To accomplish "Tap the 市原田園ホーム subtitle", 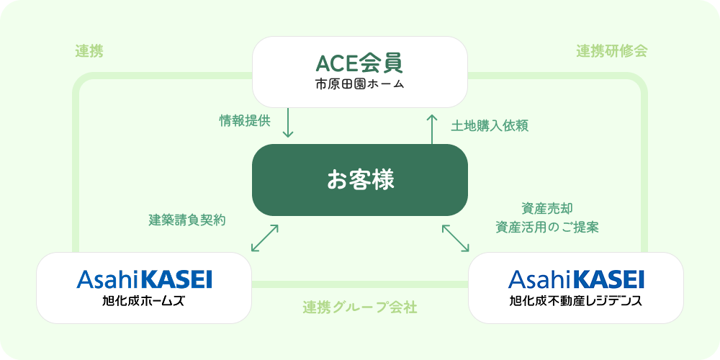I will (359, 85).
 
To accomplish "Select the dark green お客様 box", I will (359, 179).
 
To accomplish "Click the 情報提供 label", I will (245, 120).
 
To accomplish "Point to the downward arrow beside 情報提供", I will (288, 123).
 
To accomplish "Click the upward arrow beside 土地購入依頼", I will (432, 127).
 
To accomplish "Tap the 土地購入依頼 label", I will (490, 125).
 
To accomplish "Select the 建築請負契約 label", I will (187, 220).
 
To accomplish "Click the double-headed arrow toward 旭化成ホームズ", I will (264, 238).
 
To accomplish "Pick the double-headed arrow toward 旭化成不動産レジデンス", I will (455, 238).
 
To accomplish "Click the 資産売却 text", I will (547, 209).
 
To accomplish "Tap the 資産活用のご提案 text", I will (547, 227).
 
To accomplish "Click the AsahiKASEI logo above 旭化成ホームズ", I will (144, 279).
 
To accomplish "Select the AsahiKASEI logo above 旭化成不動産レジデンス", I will (576, 279).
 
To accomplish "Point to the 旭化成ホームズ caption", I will (144, 300).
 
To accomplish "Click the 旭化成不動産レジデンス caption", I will (576, 300).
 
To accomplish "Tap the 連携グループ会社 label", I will (359, 307).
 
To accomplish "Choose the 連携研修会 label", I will (612, 51).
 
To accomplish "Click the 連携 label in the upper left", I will (89, 51).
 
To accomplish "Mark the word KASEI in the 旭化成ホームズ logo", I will (176, 279).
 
